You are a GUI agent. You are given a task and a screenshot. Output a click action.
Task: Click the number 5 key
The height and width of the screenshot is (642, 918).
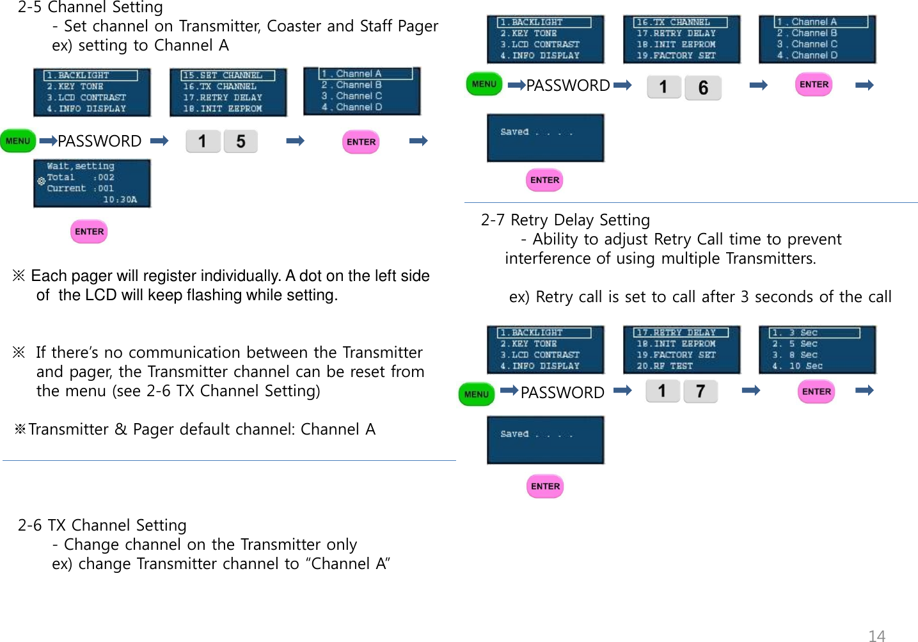(x=241, y=141)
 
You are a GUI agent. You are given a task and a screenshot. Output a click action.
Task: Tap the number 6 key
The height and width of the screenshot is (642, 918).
(x=703, y=88)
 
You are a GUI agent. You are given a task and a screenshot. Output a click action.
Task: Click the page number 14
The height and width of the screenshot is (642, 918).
(x=876, y=636)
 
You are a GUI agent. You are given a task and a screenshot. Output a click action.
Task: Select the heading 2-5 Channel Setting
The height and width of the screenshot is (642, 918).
(x=90, y=8)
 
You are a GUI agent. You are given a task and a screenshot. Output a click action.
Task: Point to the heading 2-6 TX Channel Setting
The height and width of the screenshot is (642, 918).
(x=102, y=526)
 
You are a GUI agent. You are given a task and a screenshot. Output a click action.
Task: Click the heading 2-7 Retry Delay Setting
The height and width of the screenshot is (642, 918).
(x=565, y=220)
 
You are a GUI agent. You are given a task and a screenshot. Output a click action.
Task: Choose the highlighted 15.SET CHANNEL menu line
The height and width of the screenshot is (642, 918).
(x=223, y=76)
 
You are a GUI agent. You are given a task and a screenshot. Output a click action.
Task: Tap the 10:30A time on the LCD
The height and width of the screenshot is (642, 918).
(x=120, y=200)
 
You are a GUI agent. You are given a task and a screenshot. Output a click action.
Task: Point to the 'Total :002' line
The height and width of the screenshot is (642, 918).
(x=80, y=177)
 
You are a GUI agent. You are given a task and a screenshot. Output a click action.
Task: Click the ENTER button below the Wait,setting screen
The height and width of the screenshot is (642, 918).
(x=89, y=232)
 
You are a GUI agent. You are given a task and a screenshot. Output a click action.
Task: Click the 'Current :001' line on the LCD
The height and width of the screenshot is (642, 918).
(x=80, y=188)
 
